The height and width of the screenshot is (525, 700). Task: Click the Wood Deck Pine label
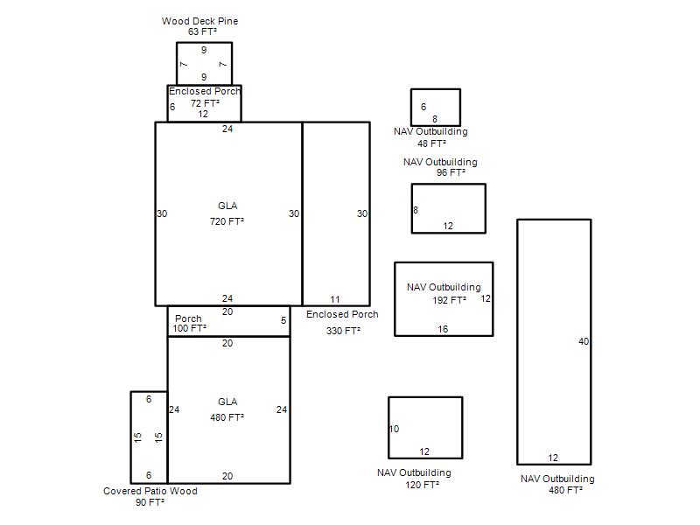199,21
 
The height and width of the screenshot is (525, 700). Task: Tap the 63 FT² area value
202,31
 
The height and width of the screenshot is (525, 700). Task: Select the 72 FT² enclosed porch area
205,103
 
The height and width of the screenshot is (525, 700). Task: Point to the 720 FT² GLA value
227,221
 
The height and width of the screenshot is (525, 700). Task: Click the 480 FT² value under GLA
227,417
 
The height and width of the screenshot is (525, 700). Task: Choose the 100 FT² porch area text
189,328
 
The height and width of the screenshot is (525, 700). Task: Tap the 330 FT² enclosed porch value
343,331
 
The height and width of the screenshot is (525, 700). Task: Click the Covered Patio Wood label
150,491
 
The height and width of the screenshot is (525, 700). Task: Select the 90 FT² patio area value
150,502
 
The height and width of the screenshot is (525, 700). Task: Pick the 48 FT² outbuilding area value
431,143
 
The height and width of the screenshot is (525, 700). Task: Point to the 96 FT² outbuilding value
451,172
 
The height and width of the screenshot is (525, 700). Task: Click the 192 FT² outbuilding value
449,300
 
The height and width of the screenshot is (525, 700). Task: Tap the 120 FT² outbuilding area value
422,485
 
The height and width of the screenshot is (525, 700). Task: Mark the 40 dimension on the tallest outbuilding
584,341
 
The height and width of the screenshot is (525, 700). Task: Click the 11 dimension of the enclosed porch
335,299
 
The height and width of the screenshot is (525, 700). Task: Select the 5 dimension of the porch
283,320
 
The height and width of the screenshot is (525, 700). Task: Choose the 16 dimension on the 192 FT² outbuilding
443,330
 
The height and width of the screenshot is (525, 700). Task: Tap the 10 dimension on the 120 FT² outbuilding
394,429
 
